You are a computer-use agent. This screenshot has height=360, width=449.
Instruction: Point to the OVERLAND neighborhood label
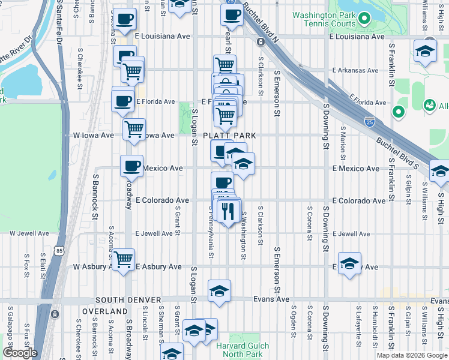tap(104, 311)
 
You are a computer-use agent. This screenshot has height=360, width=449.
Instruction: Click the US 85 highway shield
tap(58, 249)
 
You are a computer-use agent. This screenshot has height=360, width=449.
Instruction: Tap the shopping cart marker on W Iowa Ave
tap(134, 128)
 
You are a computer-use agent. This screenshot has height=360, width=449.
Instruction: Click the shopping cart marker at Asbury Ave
tap(123, 260)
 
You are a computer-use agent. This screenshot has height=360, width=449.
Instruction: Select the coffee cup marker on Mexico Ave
tap(131, 166)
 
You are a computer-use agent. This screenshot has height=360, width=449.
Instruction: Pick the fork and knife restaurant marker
tap(228, 211)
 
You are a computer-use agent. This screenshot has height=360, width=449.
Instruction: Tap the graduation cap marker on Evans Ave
tap(219, 291)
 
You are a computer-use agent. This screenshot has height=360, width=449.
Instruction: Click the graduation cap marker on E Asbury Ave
tap(349, 263)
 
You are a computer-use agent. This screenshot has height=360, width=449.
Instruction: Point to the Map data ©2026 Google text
tap(411, 355)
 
